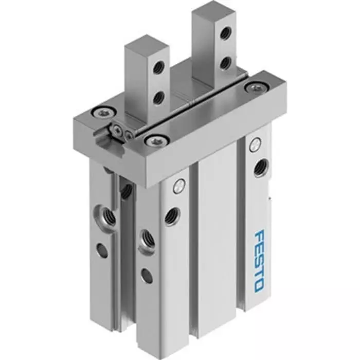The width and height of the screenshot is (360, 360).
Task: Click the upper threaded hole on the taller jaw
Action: tap(225, 33)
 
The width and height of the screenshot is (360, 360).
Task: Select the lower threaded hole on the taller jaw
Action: tap(224, 64)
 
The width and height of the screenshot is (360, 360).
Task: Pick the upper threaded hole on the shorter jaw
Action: tap(159, 67)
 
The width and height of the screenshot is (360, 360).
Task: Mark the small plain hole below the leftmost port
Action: tap(102, 250)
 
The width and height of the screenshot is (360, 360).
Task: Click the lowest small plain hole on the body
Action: tap(147, 276)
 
